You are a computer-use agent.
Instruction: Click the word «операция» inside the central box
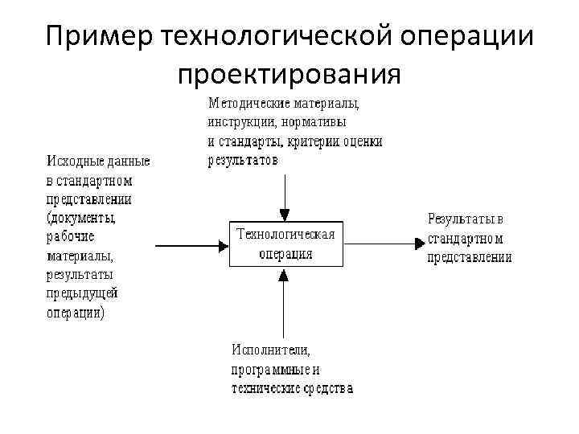pyautogui.click(x=285, y=253)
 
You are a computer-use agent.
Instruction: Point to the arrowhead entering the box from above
pyautogui.click(x=284, y=215)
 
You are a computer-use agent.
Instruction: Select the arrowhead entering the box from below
pyautogui.click(x=284, y=274)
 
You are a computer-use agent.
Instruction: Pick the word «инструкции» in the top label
pyautogui.click(x=240, y=122)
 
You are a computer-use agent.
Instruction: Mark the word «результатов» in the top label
pyautogui.click(x=243, y=160)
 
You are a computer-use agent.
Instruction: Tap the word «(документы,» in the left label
pyautogui.click(x=82, y=218)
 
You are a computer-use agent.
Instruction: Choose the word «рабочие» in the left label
pyautogui.click(x=71, y=237)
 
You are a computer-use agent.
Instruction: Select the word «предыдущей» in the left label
pyautogui.click(x=82, y=293)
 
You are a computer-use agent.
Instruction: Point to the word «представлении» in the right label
pyautogui.click(x=470, y=257)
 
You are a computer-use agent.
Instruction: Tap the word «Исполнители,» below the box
pyautogui.click(x=271, y=350)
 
